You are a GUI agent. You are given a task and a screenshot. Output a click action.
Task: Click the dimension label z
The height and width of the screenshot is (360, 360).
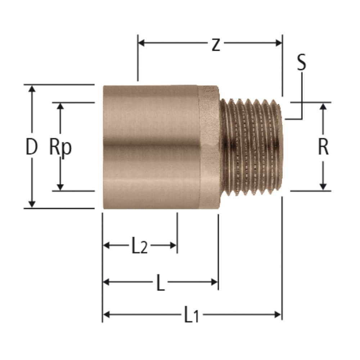point(215,45)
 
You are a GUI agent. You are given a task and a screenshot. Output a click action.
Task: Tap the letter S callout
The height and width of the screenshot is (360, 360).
point(301,62)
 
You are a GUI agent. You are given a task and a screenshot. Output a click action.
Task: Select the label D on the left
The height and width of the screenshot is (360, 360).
point(31,147)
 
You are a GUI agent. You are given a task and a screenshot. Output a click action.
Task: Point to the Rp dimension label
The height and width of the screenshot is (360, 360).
point(60,147)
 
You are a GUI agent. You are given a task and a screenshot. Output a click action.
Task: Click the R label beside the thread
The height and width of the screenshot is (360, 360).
point(323,147)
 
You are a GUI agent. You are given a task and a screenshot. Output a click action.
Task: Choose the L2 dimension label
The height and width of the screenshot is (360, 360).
point(139,247)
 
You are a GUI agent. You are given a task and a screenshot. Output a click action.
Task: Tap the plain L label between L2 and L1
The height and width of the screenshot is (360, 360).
point(160,283)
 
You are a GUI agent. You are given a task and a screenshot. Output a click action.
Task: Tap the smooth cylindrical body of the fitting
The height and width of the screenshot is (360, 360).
point(151,147)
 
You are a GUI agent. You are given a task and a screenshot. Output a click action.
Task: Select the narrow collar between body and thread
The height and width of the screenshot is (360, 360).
point(210,147)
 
